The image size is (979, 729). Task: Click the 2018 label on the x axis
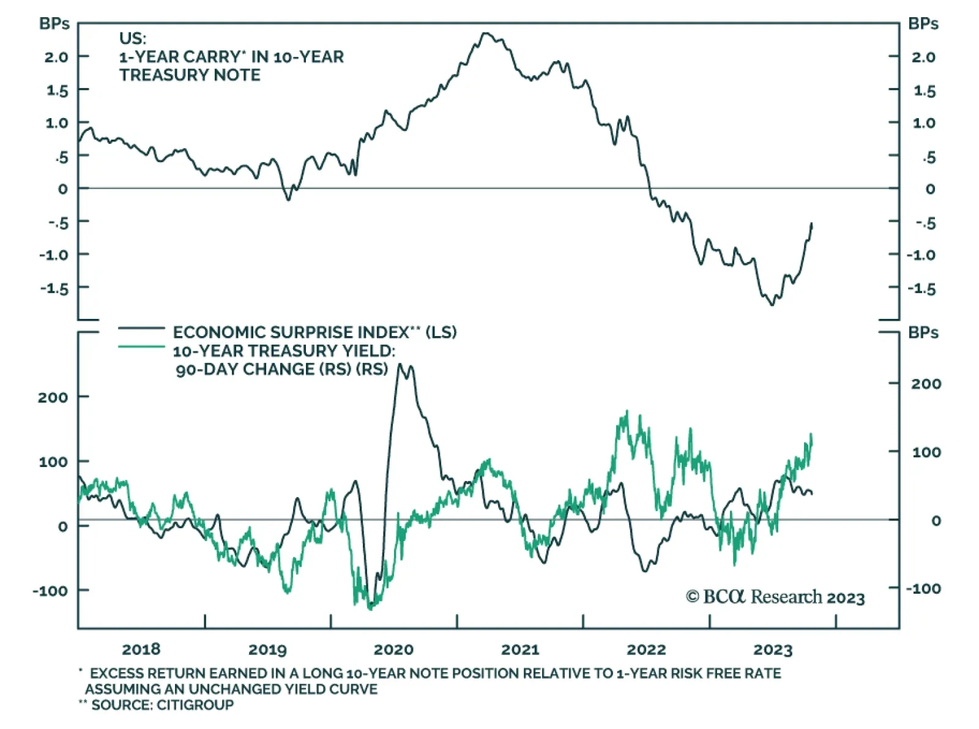pyautogui.click(x=141, y=649)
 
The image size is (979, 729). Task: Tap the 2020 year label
pyautogui.click(x=393, y=649)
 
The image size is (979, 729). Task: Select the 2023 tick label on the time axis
pyautogui.click(x=773, y=649)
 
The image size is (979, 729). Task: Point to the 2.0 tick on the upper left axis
pyautogui.click(x=56, y=57)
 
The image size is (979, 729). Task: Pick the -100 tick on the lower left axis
pyautogui.click(x=50, y=591)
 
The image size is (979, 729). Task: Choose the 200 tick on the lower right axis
pyautogui.click(x=926, y=384)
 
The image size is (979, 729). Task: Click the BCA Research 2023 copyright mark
pyautogui.click(x=775, y=597)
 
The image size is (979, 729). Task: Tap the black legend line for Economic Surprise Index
pyautogui.click(x=141, y=329)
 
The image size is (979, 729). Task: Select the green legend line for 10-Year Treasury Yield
pyautogui.click(x=141, y=347)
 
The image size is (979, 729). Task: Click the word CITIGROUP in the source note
pyautogui.click(x=195, y=705)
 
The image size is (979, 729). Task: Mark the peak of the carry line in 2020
pyautogui.click(x=486, y=33)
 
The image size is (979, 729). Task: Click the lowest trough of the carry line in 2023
pyautogui.click(x=772, y=304)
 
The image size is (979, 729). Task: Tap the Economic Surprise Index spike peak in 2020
pyautogui.click(x=401, y=365)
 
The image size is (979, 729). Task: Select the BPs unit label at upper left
pyautogui.click(x=54, y=24)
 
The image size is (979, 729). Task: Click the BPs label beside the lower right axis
pyautogui.click(x=923, y=333)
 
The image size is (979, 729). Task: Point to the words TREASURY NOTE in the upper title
pyautogui.click(x=190, y=75)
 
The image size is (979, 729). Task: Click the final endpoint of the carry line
pyautogui.click(x=812, y=223)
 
